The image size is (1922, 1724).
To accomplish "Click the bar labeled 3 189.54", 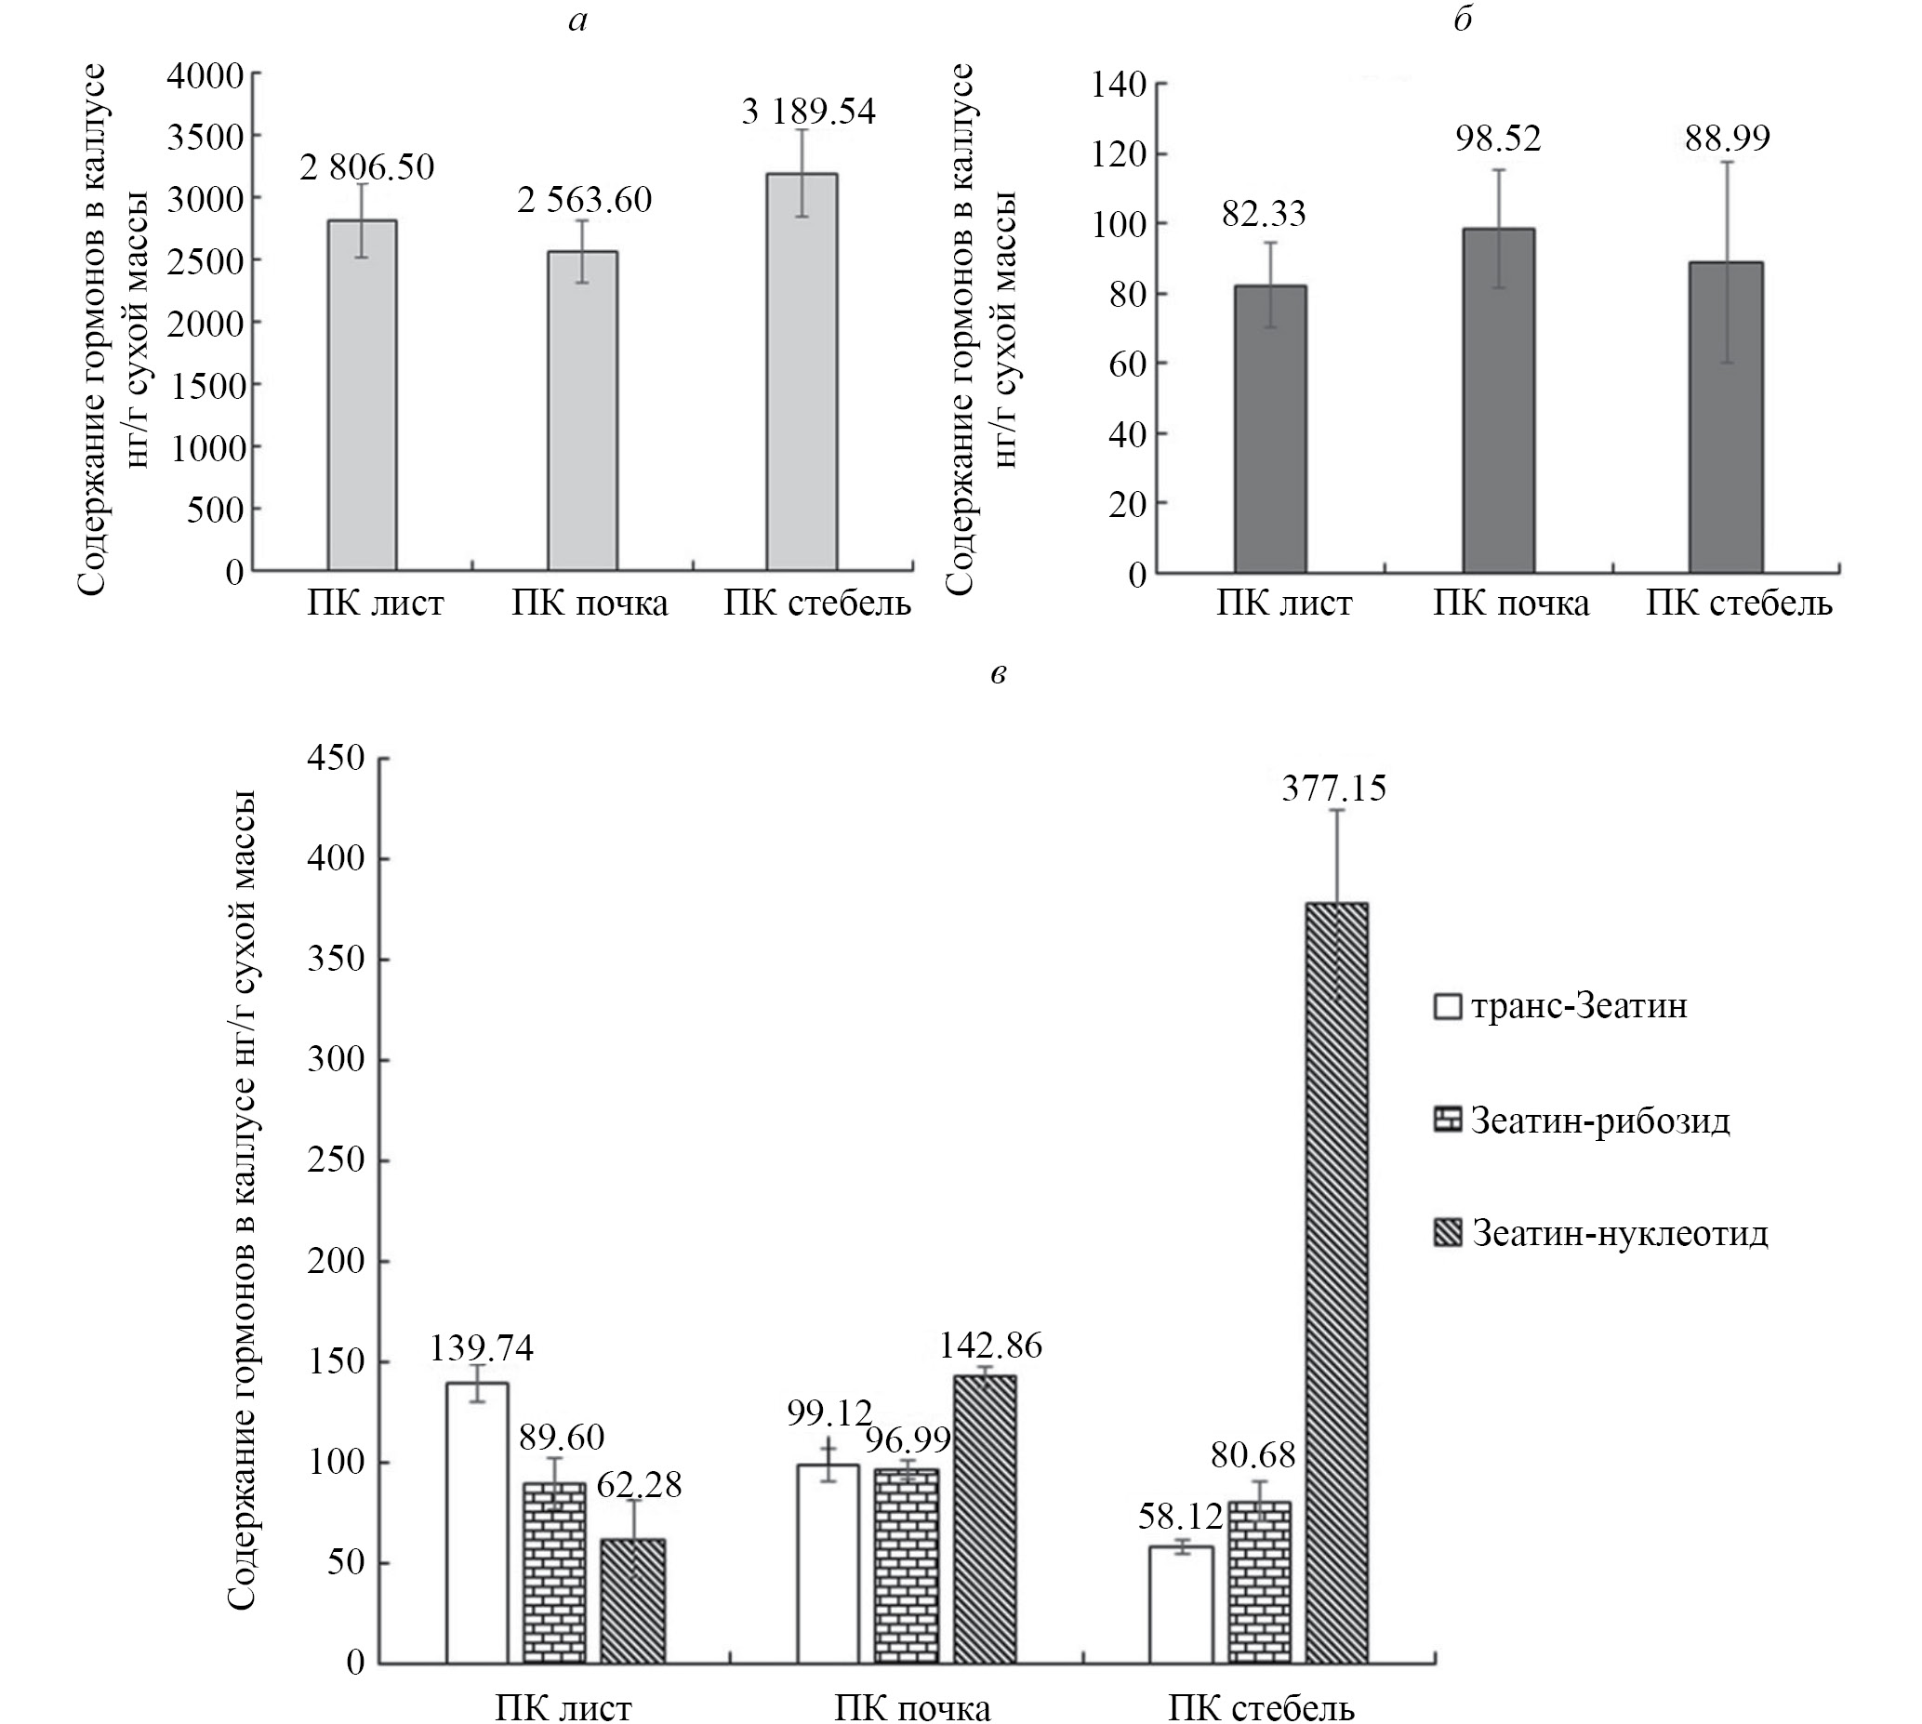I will coord(802,371).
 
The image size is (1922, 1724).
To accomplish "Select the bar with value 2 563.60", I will coord(583,410).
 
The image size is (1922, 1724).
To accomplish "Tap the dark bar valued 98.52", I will coord(1499,400).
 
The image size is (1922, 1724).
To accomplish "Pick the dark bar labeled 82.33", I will coord(1270,428).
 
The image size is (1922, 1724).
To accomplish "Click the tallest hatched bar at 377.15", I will coord(1336,1282).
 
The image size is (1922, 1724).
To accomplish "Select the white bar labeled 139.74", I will coord(477,1522).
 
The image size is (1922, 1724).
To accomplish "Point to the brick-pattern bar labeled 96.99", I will coord(907,1566).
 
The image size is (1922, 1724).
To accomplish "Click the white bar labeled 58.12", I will coord(1181,1605).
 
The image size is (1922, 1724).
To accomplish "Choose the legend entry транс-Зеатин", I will coord(1561,1005).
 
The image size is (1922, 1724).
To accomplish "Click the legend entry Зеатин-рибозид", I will coord(1582,1120).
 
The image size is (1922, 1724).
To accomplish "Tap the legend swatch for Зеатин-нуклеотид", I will coord(1449,1232).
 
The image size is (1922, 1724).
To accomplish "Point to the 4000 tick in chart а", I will coord(205,75).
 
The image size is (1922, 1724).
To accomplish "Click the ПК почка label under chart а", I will coord(590,603).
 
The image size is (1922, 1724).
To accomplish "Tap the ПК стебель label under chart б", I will coord(1738,603).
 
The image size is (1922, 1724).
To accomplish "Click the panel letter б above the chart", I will coord(1463,20).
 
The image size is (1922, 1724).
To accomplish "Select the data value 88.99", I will coord(1727,139).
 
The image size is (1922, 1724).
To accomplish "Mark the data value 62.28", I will coord(640,1484).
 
